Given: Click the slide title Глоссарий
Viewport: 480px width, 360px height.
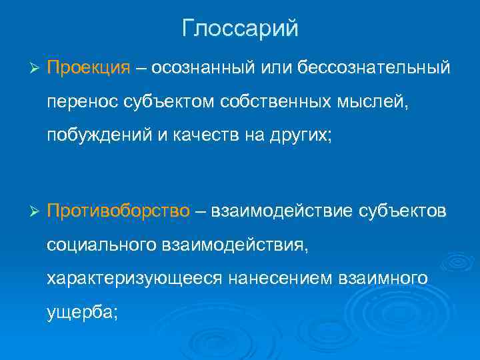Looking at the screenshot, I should (x=240, y=29).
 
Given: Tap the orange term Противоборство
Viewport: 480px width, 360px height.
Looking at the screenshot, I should (x=119, y=212).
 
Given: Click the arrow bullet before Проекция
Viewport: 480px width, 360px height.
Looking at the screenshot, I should (x=36, y=69).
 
